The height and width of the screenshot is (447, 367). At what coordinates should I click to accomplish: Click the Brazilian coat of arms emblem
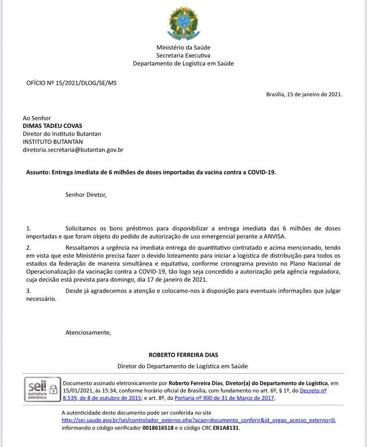(183, 23)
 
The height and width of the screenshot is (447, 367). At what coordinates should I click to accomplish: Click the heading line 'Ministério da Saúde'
(183, 48)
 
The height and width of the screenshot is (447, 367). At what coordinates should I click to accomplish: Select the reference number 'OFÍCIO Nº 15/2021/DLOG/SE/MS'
(72, 83)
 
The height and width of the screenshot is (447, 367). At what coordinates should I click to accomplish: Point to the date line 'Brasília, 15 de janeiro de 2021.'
(304, 94)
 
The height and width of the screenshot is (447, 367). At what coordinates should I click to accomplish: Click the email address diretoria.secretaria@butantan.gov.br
(73, 149)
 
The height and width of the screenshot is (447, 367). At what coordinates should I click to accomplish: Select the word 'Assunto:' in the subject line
(38, 172)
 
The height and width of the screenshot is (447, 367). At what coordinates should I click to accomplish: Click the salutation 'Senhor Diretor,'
(86, 195)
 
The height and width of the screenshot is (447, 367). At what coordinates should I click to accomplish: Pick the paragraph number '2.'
(29, 247)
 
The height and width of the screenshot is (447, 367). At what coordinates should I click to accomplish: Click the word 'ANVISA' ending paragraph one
(275, 236)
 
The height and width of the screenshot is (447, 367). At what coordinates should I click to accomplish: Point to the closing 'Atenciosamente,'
(88, 332)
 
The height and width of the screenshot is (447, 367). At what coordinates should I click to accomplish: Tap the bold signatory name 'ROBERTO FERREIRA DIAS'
(183, 355)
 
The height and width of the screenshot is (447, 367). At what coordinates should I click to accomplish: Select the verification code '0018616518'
(158, 428)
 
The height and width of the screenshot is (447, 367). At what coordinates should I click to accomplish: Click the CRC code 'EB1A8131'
(226, 428)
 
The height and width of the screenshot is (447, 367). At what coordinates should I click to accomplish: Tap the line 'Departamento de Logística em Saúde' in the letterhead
(183, 64)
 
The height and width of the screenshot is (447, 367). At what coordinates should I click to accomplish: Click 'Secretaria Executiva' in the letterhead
(183, 56)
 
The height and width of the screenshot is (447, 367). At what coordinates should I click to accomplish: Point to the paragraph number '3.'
(29, 291)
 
